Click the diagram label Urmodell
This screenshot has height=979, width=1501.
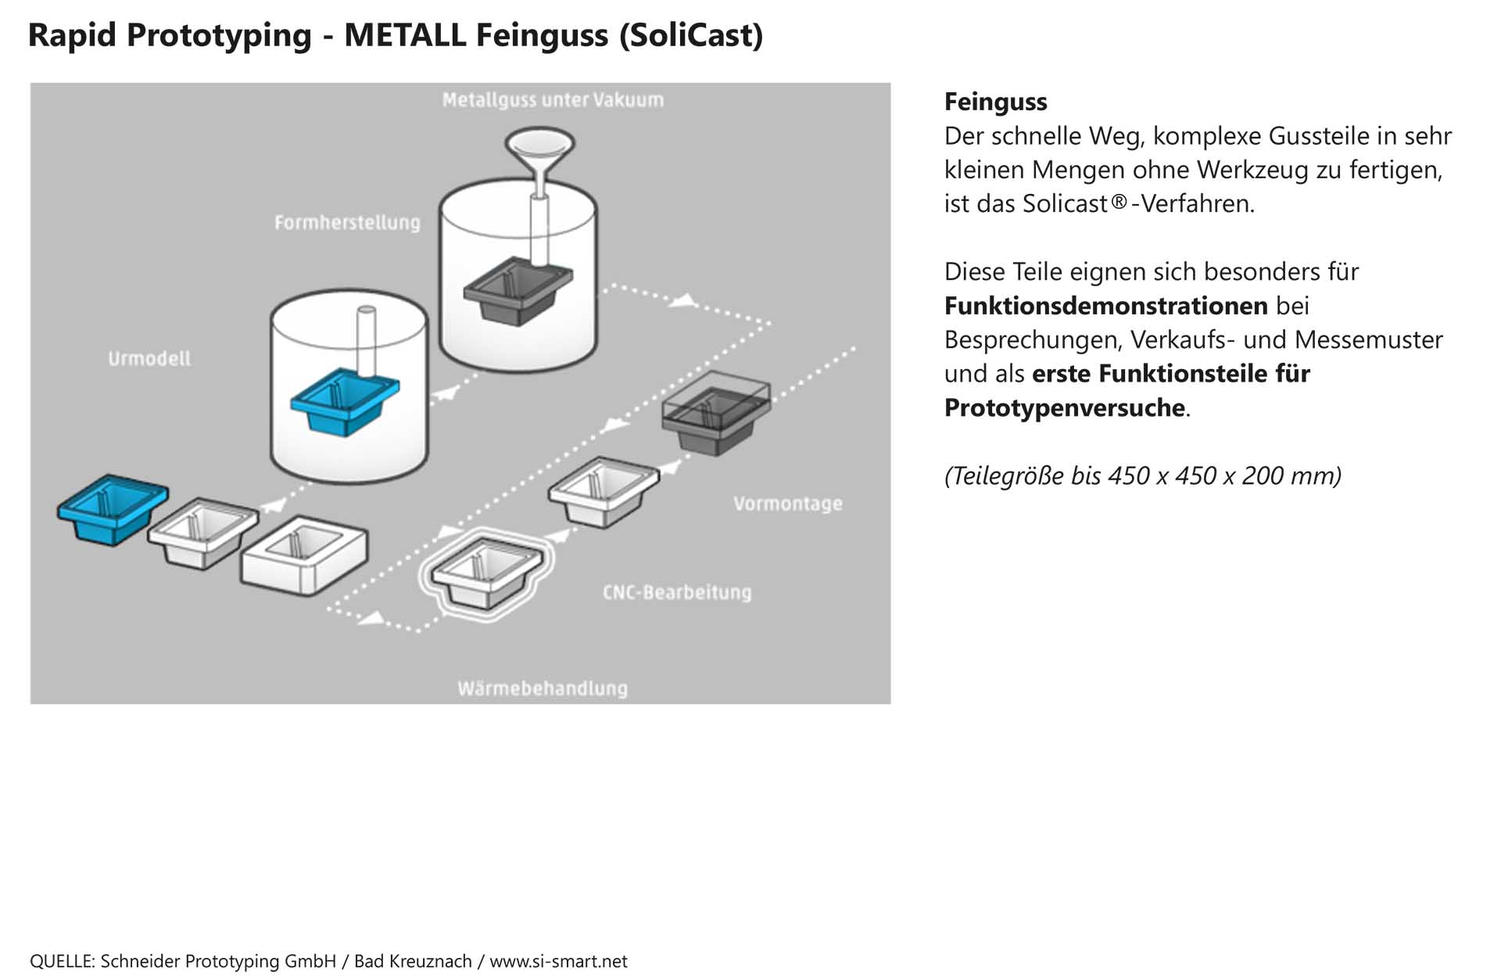coord(149,359)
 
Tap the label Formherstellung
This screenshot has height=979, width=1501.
coord(347,223)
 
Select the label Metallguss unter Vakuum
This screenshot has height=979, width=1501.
coord(553,100)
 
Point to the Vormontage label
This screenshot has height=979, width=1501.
coord(787,504)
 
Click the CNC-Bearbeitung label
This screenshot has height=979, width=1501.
coord(677,592)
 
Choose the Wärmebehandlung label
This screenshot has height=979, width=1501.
coord(543,689)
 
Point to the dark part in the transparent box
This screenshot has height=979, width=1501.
coord(715,418)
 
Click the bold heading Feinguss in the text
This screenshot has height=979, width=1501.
coord(995,102)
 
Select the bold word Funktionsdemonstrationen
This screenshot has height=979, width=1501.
coord(1105,306)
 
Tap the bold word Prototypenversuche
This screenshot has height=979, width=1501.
coord(1064,407)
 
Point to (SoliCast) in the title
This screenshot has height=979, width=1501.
coord(690,35)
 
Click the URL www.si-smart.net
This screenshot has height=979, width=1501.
coord(558,961)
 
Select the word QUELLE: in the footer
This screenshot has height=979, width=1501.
coord(63,961)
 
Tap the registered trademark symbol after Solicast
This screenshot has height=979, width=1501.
coord(1119,202)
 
